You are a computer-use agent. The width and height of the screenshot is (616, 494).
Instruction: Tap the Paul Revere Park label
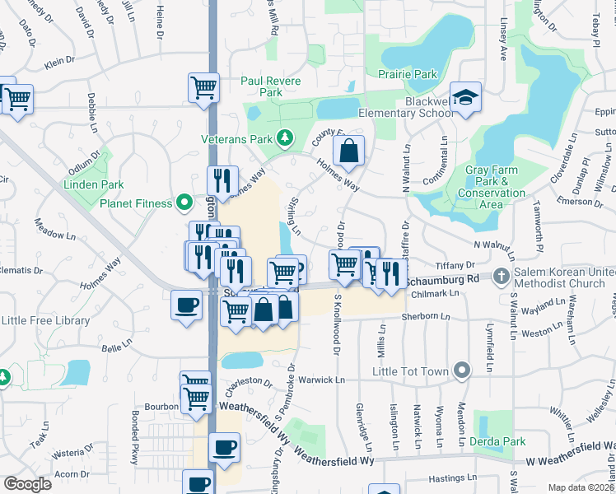point(271,86)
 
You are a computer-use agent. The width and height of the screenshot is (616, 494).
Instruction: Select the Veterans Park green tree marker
point(285,137)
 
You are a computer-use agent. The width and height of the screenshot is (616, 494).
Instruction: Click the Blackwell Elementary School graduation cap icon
point(466,99)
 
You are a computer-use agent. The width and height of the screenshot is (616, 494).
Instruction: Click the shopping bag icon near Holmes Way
point(349,151)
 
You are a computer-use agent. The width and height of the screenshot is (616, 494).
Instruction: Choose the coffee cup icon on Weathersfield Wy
point(224,448)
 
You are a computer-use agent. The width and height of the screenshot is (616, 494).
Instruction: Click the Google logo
point(27,484)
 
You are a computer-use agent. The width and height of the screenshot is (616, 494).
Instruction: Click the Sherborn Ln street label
point(426,317)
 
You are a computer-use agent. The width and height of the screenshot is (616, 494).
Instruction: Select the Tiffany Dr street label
point(456,265)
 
